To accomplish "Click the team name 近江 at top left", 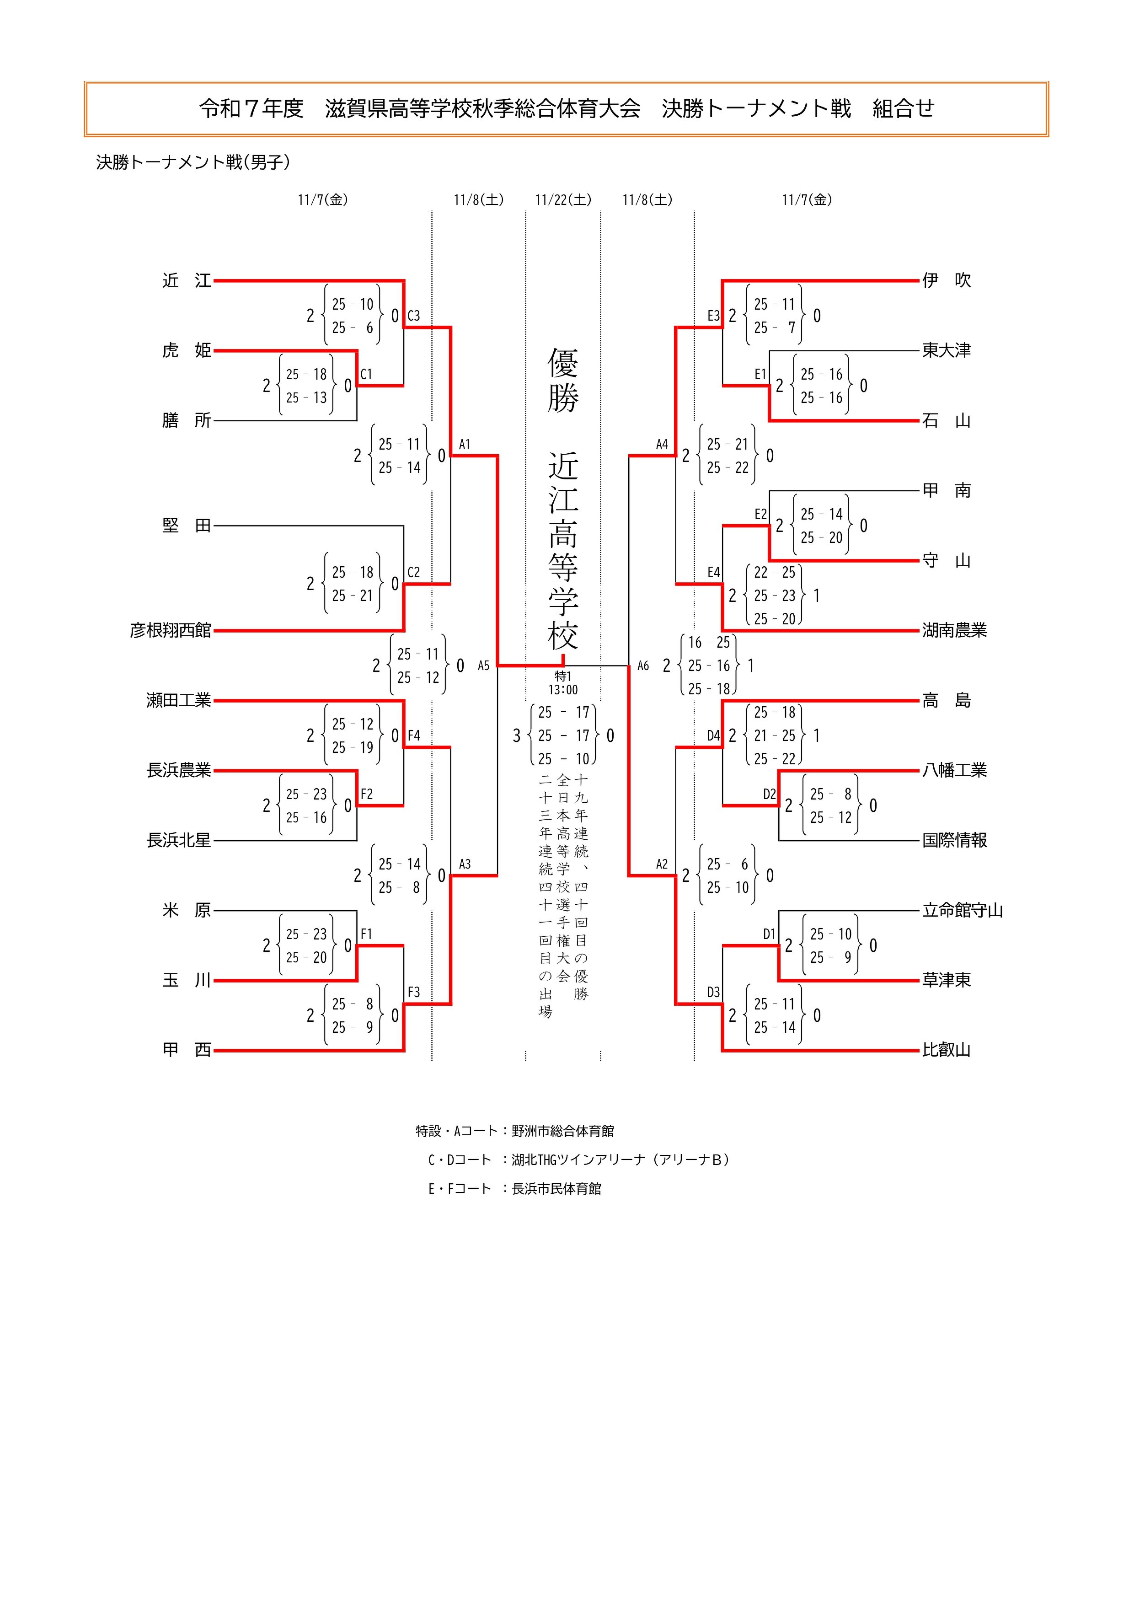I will [x=187, y=281].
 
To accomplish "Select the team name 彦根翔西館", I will [x=171, y=631].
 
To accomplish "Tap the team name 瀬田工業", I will [x=178, y=700].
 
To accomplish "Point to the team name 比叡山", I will [x=946, y=1050].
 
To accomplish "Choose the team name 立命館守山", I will [x=962, y=910].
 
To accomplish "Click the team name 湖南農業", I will [x=954, y=631].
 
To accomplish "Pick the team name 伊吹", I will [x=946, y=281].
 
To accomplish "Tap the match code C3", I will [x=414, y=316].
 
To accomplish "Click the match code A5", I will [x=483, y=666].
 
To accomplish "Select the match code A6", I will [x=643, y=666].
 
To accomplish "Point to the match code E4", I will [x=713, y=573].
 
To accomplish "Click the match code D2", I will [x=769, y=794].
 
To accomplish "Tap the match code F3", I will [x=414, y=992].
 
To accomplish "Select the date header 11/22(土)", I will [x=563, y=200].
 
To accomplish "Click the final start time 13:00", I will [x=563, y=690].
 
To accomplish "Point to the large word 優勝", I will [x=563, y=381].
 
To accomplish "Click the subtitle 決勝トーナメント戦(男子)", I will [x=193, y=162].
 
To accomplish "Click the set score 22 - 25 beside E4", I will [x=774, y=573].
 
